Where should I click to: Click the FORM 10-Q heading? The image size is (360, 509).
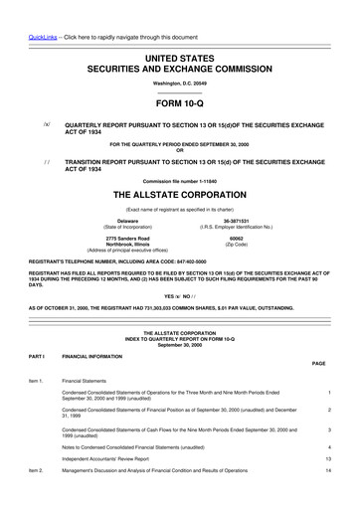click(x=179, y=102)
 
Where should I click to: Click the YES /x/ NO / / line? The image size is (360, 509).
click(x=179, y=296)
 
